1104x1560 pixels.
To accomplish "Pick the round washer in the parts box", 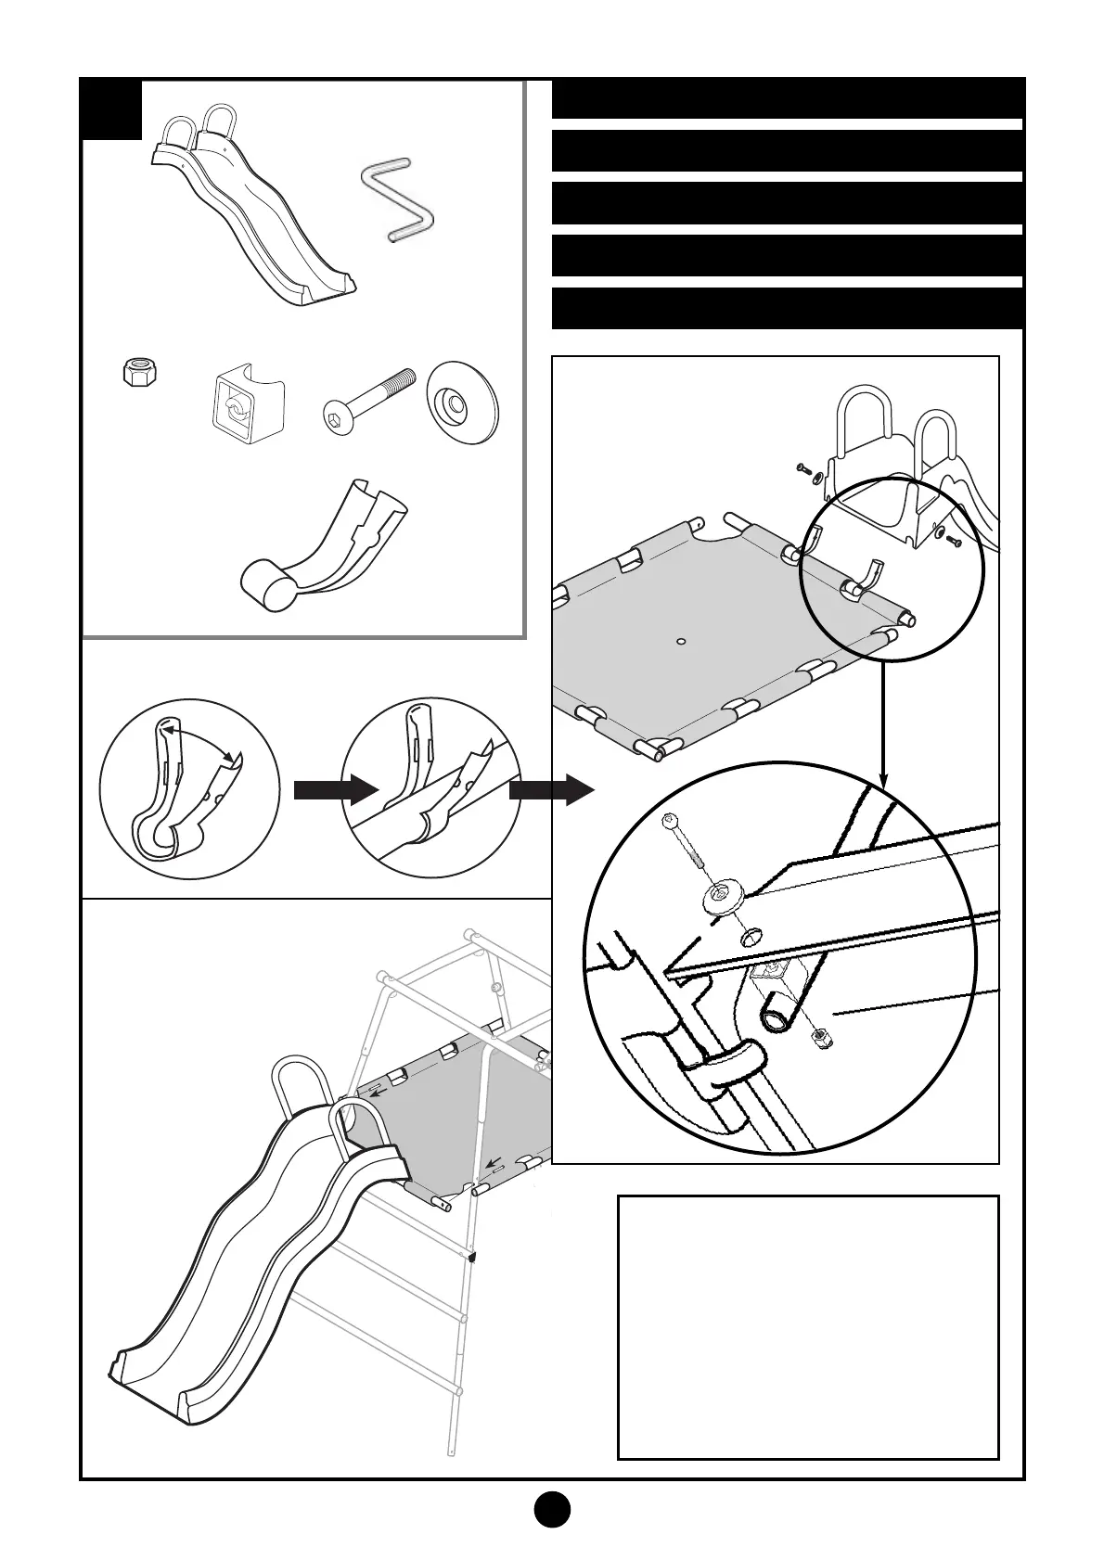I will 462,404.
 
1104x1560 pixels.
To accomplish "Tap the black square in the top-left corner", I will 112,109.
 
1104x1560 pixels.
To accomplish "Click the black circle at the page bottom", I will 551,1508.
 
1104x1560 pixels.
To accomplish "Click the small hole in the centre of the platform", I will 681,641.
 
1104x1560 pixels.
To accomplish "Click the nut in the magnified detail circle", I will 821,1039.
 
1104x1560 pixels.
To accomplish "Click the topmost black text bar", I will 788,99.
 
